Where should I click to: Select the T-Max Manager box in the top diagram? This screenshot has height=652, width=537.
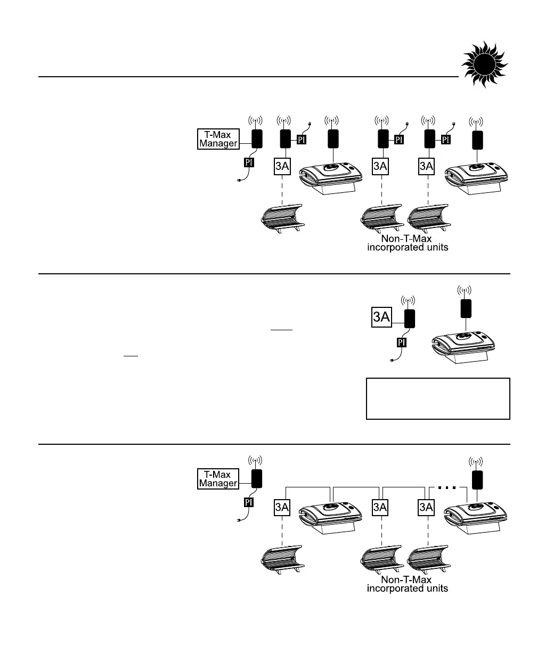tap(219, 140)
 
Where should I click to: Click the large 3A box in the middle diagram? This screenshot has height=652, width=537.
tap(382, 319)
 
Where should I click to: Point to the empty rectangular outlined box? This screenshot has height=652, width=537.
tap(438, 398)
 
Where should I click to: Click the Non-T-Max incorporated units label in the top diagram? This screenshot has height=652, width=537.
tap(408, 243)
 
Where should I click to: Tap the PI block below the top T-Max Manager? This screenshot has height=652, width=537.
tap(249, 161)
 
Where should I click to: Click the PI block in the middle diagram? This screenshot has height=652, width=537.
tap(402, 342)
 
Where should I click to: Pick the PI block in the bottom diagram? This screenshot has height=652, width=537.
tap(249, 502)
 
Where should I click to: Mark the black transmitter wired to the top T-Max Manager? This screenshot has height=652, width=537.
tap(258, 140)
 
